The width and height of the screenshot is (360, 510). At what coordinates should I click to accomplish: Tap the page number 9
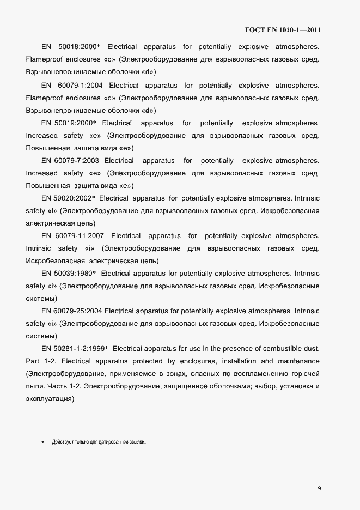[x=319, y=488]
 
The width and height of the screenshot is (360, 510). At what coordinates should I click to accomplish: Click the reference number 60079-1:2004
[x=79, y=86]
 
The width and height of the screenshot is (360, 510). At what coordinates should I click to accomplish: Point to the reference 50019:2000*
[x=75, y=123]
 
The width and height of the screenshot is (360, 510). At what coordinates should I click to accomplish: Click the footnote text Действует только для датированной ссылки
[x=99, y=442]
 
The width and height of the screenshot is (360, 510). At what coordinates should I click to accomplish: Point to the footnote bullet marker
[x=42, y=442]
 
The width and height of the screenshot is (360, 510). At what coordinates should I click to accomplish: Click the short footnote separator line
[x=59, y=434]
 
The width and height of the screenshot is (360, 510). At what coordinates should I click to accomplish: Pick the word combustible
[x=273, y=348]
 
